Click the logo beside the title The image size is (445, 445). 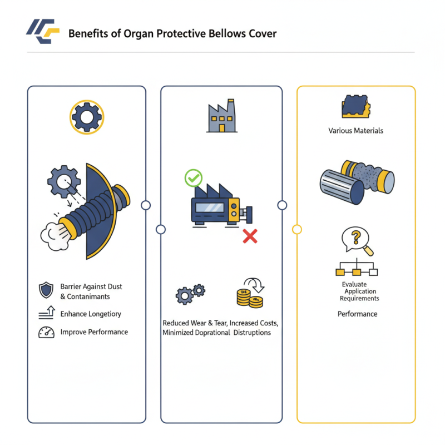pyautogui.click(x=42, y=33)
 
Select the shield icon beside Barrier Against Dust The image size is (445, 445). pyautogui.click(x=46, y=290)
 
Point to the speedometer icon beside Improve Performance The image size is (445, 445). pyautogui.click(x=46, y=332)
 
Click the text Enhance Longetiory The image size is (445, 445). pyautogui.click(x=91, y=314)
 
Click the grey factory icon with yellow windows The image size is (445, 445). pyautogui.click(x=222, y=118)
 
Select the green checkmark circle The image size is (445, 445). pyautogui.click(x=193, y=179)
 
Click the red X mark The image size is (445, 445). pyautogui.click(x=250, y=236)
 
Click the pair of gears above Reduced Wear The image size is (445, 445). pyautogui.click(x=190, y=293)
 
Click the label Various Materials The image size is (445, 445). pyautogui.click(x=356, y=131)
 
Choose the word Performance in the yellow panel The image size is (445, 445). pyautogui.click(x=357, y=314)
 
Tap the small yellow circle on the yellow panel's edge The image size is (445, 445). pyautogui.click(x=297, y=229)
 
